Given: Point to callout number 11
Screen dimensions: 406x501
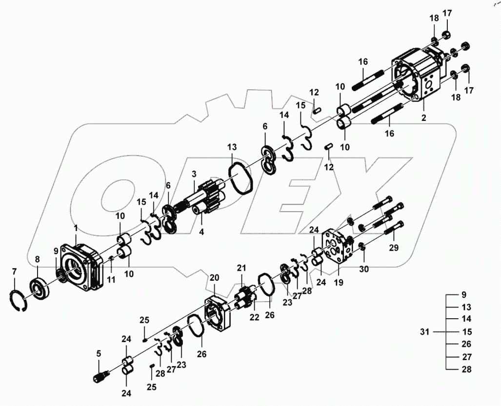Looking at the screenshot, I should [111, 279].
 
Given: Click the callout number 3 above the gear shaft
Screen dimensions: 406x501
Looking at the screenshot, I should [194, 174].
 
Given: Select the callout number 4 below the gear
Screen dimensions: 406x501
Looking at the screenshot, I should [201, 232].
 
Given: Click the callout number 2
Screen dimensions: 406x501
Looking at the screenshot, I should [424, 118].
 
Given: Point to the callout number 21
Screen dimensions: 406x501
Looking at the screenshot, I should [241, 268].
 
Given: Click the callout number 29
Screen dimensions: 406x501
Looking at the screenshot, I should [394, 248].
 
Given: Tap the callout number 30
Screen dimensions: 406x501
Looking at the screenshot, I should [364, 268].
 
